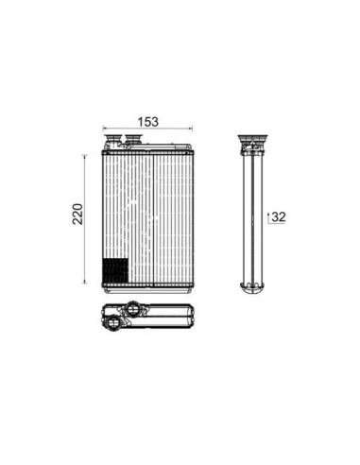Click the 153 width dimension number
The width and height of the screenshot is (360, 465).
[x=148, y=122]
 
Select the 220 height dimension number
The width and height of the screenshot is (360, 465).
[x=77, y=214]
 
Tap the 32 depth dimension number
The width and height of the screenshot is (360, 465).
[x=279, y=217]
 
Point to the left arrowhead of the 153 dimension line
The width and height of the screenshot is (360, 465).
[x=105, y=129]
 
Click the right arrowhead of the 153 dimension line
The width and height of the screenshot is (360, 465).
[x=191, y=129]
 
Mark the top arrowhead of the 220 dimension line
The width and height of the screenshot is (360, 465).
[x=84, y=157]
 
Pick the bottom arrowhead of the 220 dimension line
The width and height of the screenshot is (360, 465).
[x=84, y=281]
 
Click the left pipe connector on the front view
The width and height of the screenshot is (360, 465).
[x=113, y=140]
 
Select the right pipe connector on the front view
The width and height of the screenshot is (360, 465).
[x=133, y=139]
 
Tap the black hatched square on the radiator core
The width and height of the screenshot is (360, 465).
[x=115, y=270]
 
